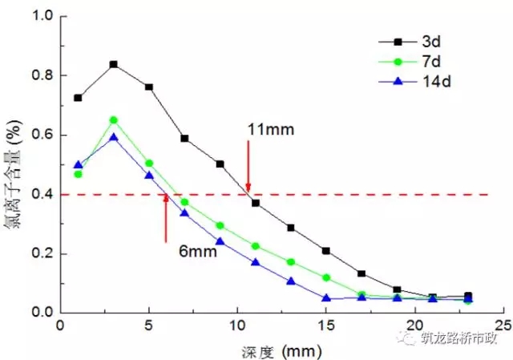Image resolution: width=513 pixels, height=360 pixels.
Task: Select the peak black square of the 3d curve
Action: point(114,64)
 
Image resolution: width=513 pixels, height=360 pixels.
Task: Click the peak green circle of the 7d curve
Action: point(114,120)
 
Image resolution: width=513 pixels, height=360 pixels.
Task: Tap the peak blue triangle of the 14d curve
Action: point(114,137)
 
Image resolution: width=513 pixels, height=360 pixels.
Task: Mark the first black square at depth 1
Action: point(78,98)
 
